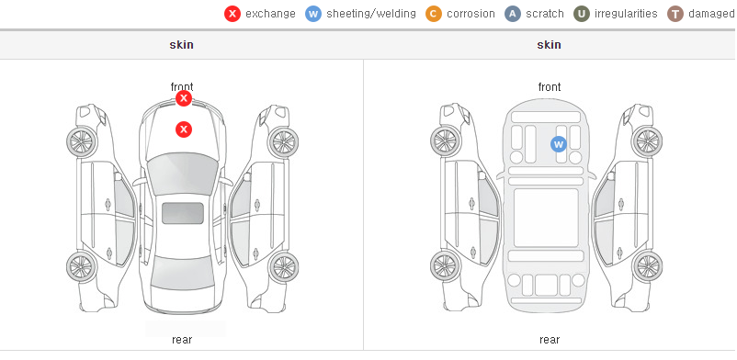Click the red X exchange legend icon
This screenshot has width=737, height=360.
coord(232,14)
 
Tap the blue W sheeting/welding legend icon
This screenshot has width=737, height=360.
coord(313,14)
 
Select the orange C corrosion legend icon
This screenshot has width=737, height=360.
coord(434,14)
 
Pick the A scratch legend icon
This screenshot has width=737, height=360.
coord(513,14)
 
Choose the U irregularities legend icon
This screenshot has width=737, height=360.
coord(582,14)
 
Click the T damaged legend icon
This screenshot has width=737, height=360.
coord(675,14)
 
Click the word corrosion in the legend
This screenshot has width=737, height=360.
coord(471,14)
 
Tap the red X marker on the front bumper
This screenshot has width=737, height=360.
coord(184,98)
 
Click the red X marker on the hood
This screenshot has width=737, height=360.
coord(184,129)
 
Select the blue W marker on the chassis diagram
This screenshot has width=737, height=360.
coord(559,144)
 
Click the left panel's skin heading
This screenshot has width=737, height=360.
coord(181,45)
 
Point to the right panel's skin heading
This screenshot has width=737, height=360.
coord(549,45)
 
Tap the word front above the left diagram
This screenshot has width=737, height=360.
coord(182,87)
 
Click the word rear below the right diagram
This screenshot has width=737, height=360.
coord(550,340)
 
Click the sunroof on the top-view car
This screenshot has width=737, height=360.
coord(183,213)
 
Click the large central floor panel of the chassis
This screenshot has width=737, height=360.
coord(546,218)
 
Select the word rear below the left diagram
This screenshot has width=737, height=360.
coord(182,340)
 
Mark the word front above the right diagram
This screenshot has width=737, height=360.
coord(550,87)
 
